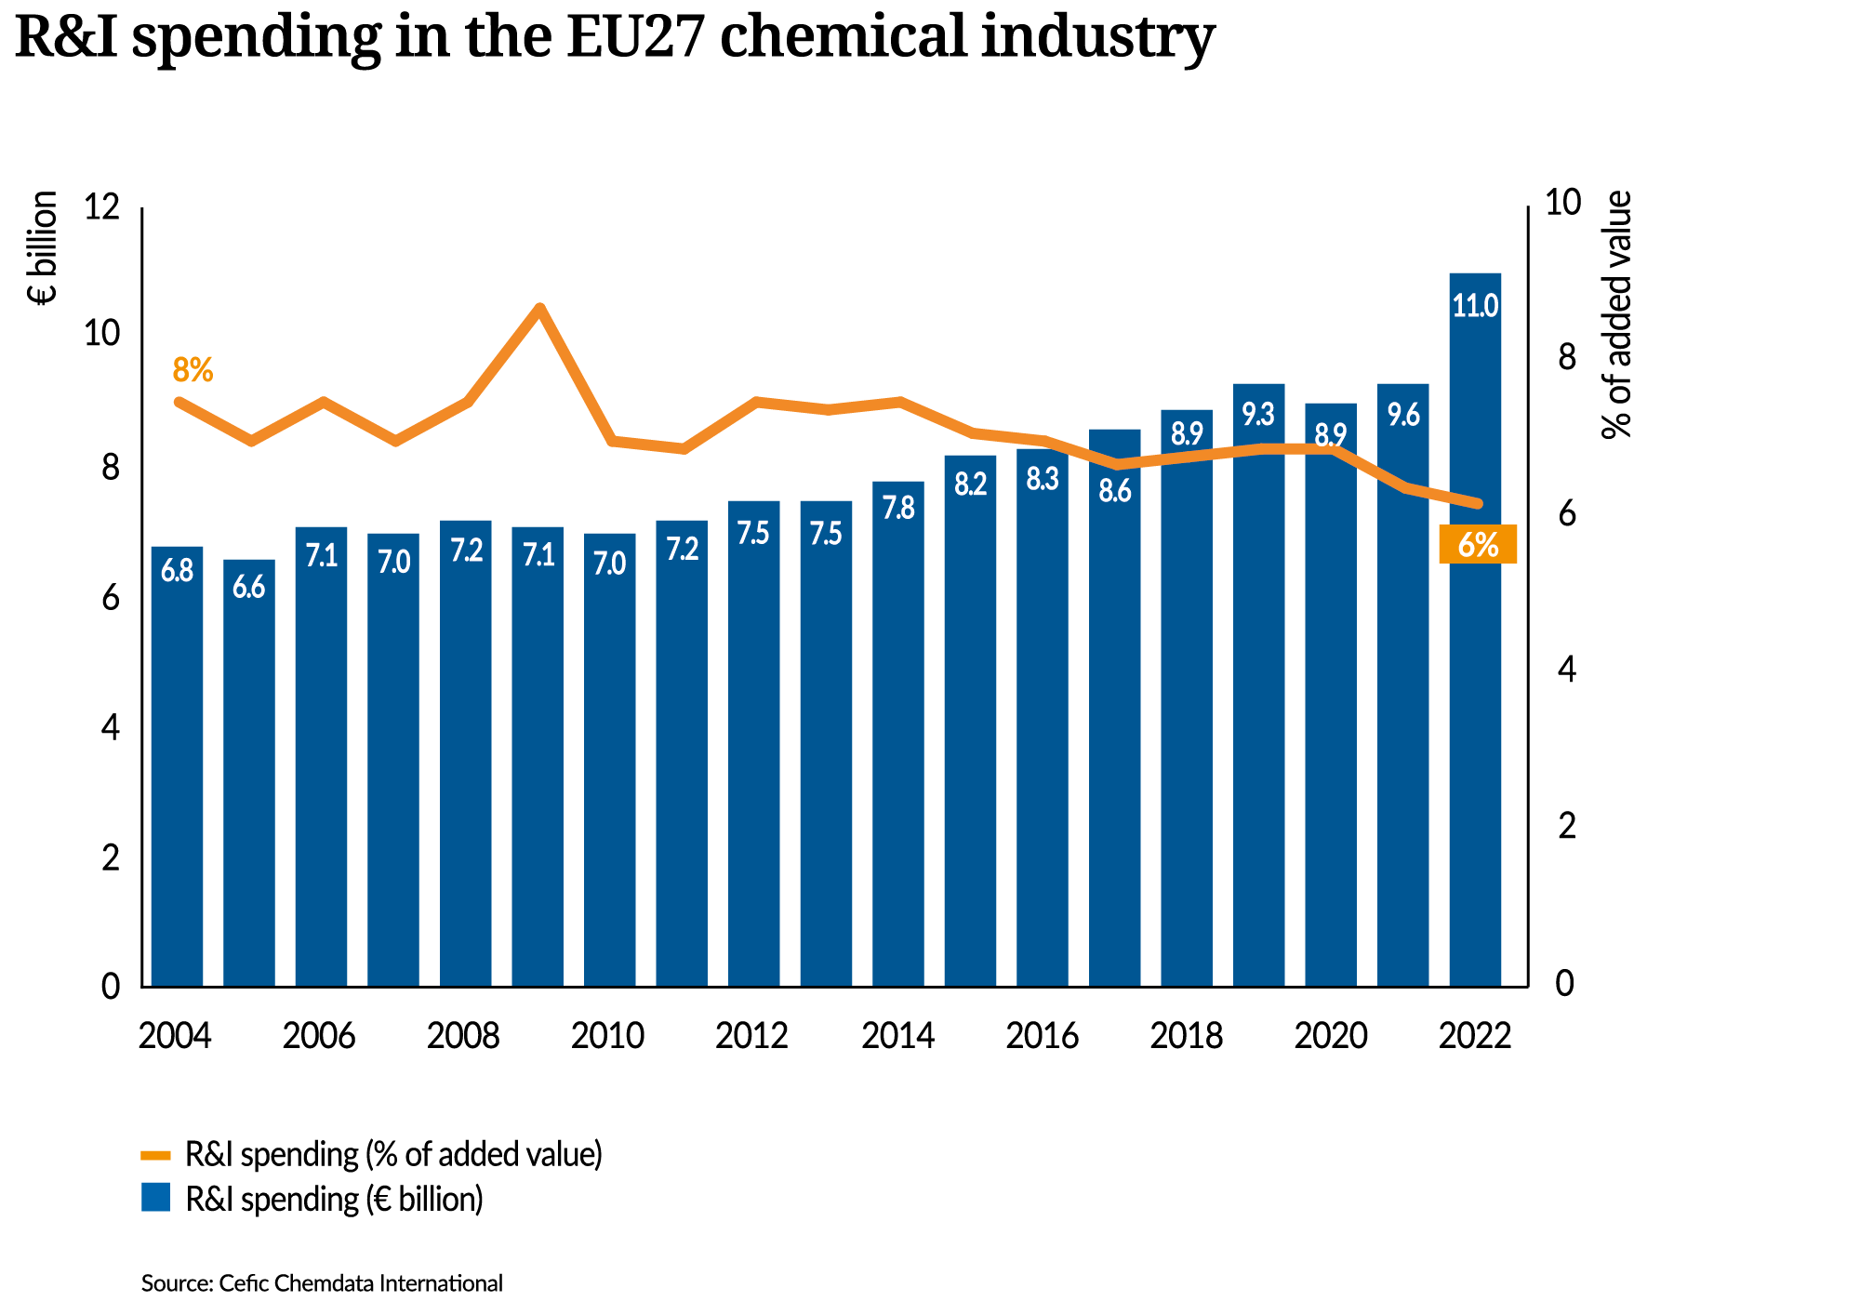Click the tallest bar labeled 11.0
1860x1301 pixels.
pyautogui.click(x=1475, y=632)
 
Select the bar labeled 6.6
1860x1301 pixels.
pyautogui.click(x=249, y=772)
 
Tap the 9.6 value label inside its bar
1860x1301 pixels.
pyautogui.click(x=1403, y=415)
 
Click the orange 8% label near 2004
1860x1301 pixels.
pyautogui.click(x=193, y=370)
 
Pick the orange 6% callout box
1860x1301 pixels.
pyautogui.click(x=1478, y=544)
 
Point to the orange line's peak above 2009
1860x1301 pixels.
pyautogui.click(x=539, y=308)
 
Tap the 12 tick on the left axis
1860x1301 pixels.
pyautogui.click(x=102, y=206)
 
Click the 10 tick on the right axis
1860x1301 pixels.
pyautogui.click(x=1562, y=203)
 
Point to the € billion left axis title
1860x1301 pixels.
pyautogui.click(x=43, y=247)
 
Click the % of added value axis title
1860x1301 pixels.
pyautogui.click(x=1617, y=314)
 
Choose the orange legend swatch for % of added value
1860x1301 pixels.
pyautogui.click(x=155, y=1156)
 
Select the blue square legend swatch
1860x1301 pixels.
pyautogui.click(x=155, y=1198)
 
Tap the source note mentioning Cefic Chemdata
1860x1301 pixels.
pyautogui.click(x=322, y=1283)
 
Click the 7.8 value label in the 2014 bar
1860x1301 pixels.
pyautogui.click(x=898, y=508)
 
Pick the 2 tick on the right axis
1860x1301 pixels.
pyautogui.click(x=1566, y=826)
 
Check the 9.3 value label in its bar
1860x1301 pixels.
pyautogui.click(x=1258, y=415)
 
